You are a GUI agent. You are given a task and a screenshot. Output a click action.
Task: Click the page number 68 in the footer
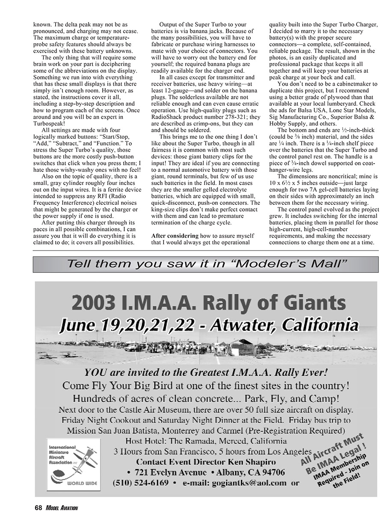pyautogui.click(x=38, y=507)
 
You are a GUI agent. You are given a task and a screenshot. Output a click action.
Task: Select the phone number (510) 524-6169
pyautogui.click(x=141, y=483)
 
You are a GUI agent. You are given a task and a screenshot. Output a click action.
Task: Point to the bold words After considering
pyautogui.click(x=175, y=236)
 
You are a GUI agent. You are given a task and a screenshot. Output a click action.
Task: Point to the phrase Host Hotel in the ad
pyautogui.click(x=144, y=441)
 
